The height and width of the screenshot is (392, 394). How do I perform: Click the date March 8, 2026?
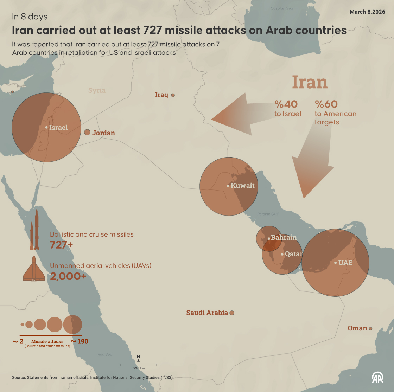pos(367,12)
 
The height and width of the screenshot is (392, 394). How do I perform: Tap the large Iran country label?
pos(310,82)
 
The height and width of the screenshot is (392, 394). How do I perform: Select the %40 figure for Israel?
pos(286,104)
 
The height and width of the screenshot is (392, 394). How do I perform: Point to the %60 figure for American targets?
pos(326,104)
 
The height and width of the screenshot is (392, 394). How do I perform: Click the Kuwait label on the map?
pos(242,186)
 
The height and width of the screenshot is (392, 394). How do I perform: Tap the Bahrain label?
pos(284,237)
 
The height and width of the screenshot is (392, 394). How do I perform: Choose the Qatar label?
pos(293,254)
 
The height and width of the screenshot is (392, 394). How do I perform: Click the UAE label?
pos(345,263)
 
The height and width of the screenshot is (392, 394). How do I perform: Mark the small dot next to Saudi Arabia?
pos(232,313)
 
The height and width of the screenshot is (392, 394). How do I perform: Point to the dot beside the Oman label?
pos(370,328)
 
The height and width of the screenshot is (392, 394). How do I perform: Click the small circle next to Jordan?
pos(87,132)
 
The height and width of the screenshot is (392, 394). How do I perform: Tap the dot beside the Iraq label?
pos(173,95)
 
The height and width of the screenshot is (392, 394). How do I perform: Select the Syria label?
pos(97,90)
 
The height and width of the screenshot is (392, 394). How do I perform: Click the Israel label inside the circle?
pos(58,127)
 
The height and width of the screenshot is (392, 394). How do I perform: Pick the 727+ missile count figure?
pos(61,245)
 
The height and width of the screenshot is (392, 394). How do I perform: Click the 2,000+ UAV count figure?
pos(68,276)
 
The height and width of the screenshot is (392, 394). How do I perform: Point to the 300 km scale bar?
pos(138,365)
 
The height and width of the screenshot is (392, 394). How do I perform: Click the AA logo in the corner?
pos(378,377)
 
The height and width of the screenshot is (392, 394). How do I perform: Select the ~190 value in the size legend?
pos(80,341)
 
